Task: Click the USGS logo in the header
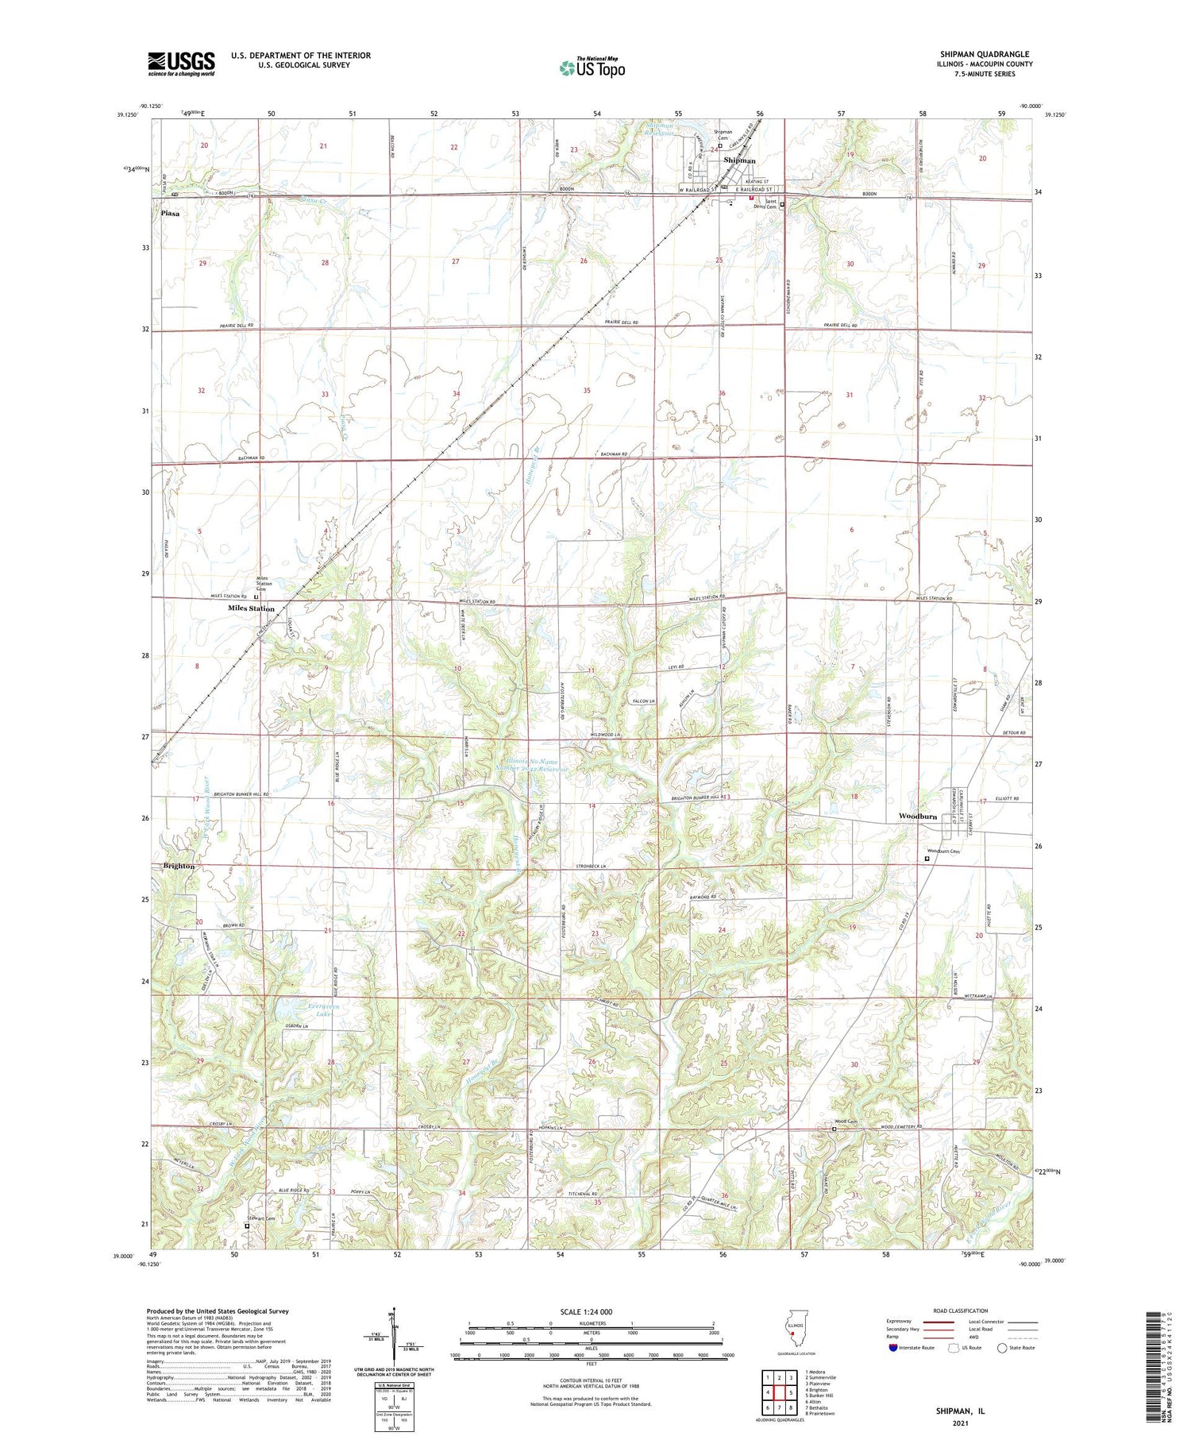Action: point(181,64)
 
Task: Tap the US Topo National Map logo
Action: point(592,68)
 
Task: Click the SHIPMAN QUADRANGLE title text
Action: point(985,54)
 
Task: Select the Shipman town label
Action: point(739,160)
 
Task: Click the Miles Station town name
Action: point(251,608)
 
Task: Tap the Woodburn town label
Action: point(917,817)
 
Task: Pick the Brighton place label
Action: point(179,866)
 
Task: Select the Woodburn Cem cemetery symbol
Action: point(927,858)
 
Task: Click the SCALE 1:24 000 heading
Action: point(588,1312)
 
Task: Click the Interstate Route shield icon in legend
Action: point(893,1348)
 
